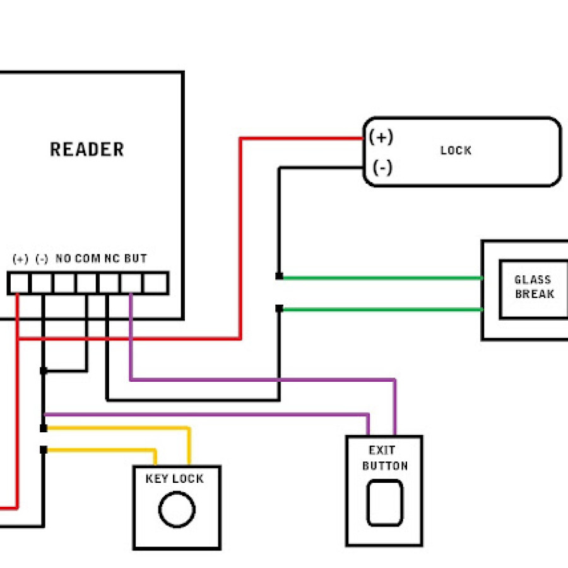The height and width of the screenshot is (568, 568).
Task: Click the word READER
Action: (87, 150)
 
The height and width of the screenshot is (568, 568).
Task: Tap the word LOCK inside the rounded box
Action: (456, 151)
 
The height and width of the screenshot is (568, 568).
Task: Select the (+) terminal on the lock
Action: (381, 137)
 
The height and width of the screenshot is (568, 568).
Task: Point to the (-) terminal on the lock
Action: (382, 168)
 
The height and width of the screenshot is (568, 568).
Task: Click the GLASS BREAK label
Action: (534, 287)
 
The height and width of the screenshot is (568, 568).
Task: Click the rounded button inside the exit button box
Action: (384, 502)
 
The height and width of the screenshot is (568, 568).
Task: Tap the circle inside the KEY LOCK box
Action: (177, 510)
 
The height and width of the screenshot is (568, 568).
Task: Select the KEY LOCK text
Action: (175, 479)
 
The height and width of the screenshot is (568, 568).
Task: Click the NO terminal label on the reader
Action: (64, 259)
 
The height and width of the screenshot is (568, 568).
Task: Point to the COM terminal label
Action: (88, 259)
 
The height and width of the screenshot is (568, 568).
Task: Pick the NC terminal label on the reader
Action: (112, 259)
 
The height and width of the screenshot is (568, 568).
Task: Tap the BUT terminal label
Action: (136, 259)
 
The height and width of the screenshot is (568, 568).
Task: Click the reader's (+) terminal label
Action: (20, 259)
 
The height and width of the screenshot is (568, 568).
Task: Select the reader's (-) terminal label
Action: (42, 259)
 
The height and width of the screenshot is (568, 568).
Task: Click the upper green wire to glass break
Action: (379, 277)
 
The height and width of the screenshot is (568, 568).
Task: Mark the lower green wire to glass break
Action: (379, 309)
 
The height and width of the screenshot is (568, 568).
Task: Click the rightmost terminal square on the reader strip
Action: (155, 283)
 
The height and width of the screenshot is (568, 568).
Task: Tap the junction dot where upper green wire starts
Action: (279, 276)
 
